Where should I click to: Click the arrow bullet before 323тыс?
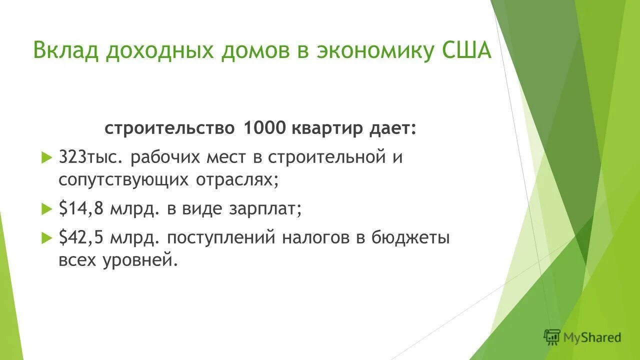point(46,158)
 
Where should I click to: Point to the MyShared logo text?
point(592,337)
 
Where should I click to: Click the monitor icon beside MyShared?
point(552,337)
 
